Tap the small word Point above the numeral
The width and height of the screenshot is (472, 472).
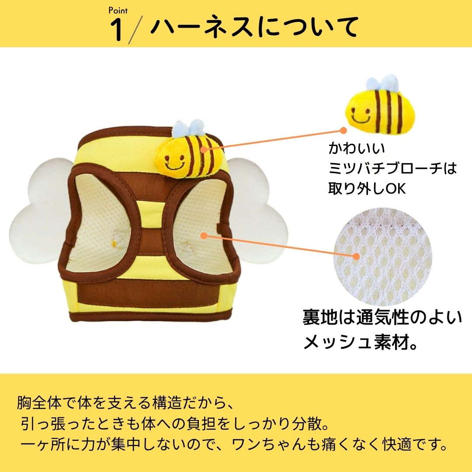[118, 11]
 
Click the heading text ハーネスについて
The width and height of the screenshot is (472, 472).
[253, 27]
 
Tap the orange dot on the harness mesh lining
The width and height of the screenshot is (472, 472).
[204, 236]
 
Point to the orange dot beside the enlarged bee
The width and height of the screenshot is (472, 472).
[344, 130]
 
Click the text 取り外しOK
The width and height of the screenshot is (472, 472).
[367, 188]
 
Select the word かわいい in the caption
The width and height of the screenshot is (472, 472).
[357, 149]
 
